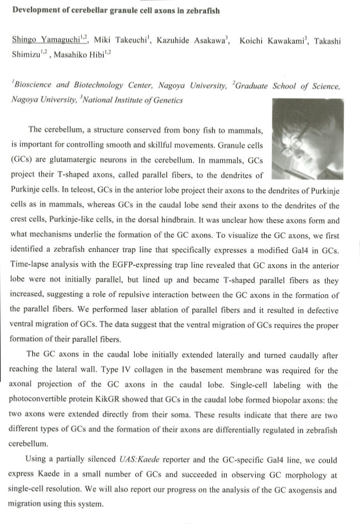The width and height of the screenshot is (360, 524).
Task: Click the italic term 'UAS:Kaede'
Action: click(x=142, y=460)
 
